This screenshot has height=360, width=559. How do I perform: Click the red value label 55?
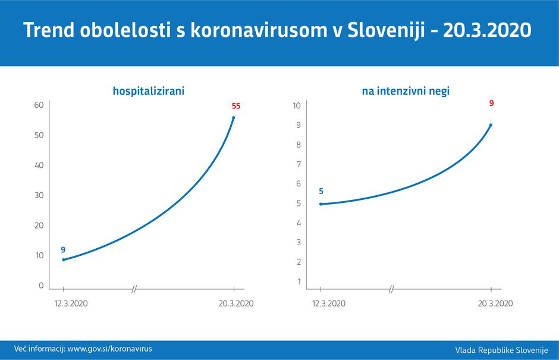[x=236, y=107]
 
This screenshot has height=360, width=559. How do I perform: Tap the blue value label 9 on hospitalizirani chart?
[x=63, y=250]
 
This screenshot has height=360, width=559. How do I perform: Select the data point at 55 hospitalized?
[x=233, y=118]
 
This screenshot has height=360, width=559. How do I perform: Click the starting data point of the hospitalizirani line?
[x=64, y=259]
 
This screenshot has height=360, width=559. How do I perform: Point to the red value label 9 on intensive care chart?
[x=491, y=103]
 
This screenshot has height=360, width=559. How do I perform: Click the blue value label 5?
[x=321, y=191]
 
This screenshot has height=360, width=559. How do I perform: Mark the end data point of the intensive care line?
[x=491, y=125]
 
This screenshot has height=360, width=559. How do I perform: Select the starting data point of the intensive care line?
[x=321, y=204]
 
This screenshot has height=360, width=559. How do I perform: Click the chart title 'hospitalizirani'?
[x=149, y=91]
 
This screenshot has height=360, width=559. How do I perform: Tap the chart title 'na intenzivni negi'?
[x=406, y=91]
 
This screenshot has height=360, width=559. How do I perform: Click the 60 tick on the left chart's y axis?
[x=40, y=105]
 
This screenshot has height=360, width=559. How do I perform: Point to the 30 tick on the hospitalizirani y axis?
[x=40, y=195]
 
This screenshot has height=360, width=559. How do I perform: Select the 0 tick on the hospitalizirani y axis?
[x=42, y=286]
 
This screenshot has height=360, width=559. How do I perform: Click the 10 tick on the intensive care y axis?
[x=297, y=105]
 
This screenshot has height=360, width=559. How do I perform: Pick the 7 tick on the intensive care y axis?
[x=299, y=164]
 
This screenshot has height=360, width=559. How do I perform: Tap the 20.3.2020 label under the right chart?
[x=495, y=303]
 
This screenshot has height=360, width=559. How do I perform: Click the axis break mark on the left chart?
[x=134, y=289]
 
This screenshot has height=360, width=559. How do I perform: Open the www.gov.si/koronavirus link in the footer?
[x=109, y=349]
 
